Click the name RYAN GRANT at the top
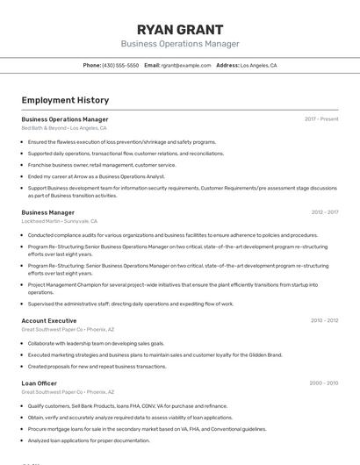tap(180, 30)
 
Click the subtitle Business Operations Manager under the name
tap(180, 44)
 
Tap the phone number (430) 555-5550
tap(121, 65)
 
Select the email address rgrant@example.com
tap(186, 65)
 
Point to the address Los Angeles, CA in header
tap(258, 65)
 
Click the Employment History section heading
tap(65, 100)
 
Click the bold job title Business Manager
tap(47, 212)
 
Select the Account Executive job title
tap(49, 321)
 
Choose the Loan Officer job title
tap(39, 383)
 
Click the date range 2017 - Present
tap(321, 119)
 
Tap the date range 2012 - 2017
tap(324, 212)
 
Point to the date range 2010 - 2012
tap(324, 321)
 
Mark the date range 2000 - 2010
tap(323, 383)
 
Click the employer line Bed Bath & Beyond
tap(63, 128)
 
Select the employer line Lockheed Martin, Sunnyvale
tap(59, 222)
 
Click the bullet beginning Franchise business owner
tap(102, 165)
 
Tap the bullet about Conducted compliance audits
tap(172, 235)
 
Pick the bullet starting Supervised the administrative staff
tap(130, 304)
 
